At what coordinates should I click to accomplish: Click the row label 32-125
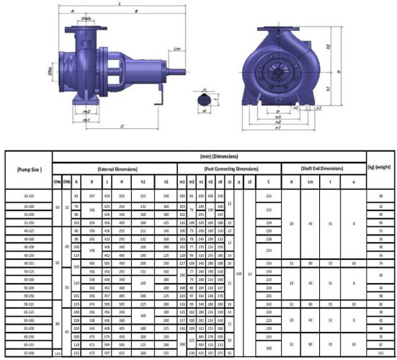pyautogui.click(x=28, y=195)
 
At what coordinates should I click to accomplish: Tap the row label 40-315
pyautogui.click(x=28, y=264)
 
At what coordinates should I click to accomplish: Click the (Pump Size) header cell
pyautogui.click(x=28, y=169)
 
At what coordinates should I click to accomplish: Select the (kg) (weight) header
pyautogui.click(x=379, y=166)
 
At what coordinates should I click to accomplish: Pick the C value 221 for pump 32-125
pyautogui.click(x=268, y=195)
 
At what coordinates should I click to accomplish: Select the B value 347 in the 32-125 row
pyautogui.click(x=92, y=195)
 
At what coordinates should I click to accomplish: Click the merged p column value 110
pyautogui.click(x=239, y=274)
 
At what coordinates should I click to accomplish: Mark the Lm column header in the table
pyautogui.click(x=311, y=182)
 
